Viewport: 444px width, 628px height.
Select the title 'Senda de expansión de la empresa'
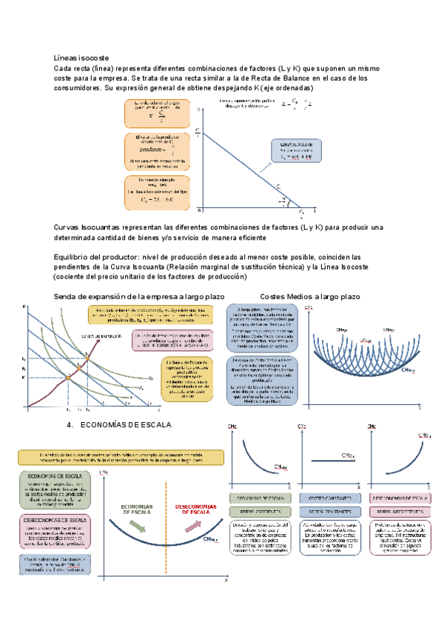click(122, 296)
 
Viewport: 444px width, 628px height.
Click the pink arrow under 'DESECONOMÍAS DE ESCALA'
click(194, 526)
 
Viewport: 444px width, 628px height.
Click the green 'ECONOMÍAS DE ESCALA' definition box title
click(55, 475)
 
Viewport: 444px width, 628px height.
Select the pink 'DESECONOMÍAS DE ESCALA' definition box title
click(55, 519)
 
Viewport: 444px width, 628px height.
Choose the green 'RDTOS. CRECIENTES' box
click(256, 512)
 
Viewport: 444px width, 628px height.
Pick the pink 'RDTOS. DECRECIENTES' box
click(399, 512)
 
